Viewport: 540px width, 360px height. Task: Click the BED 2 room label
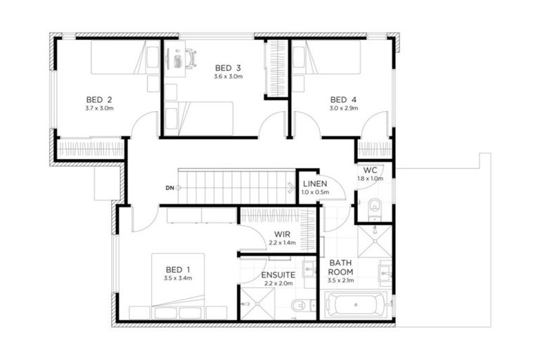[99, 99]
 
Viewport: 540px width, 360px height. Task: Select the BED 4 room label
[344, 99]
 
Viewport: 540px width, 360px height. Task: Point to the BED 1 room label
[178, 269]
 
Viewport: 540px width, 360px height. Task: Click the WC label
[370, 170]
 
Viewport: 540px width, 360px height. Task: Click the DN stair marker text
[169, 188]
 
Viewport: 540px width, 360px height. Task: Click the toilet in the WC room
[374, 205]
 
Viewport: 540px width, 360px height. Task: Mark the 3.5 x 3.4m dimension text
[178, 278]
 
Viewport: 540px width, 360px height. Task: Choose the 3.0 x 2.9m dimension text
[344, 108]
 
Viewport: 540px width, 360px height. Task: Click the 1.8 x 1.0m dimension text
[370, 179]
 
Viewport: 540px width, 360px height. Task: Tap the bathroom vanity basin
[384, 270]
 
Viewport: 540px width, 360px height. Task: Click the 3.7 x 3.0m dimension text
[99, 108]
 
